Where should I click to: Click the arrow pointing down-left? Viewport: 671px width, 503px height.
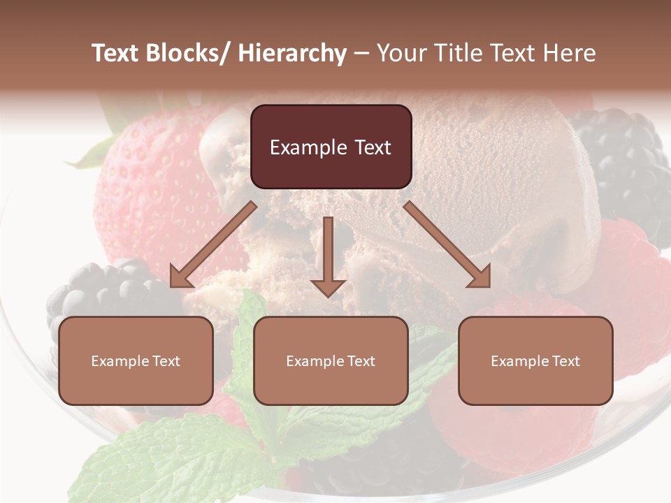(x=213, y=245)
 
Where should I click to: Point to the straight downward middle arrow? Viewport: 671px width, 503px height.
(x=328, y=256)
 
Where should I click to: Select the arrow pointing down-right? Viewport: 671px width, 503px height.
(x=447, y=245)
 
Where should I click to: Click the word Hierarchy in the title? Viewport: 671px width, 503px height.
(x=292, y=53)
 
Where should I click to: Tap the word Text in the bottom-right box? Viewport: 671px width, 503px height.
(x=564, y=361)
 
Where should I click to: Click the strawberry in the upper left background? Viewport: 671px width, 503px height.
(x=147, y=182)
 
